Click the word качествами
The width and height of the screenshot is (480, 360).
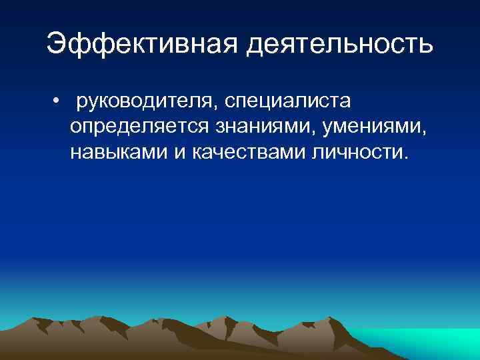(249, 152)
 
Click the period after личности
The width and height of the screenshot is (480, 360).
(401, 158)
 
